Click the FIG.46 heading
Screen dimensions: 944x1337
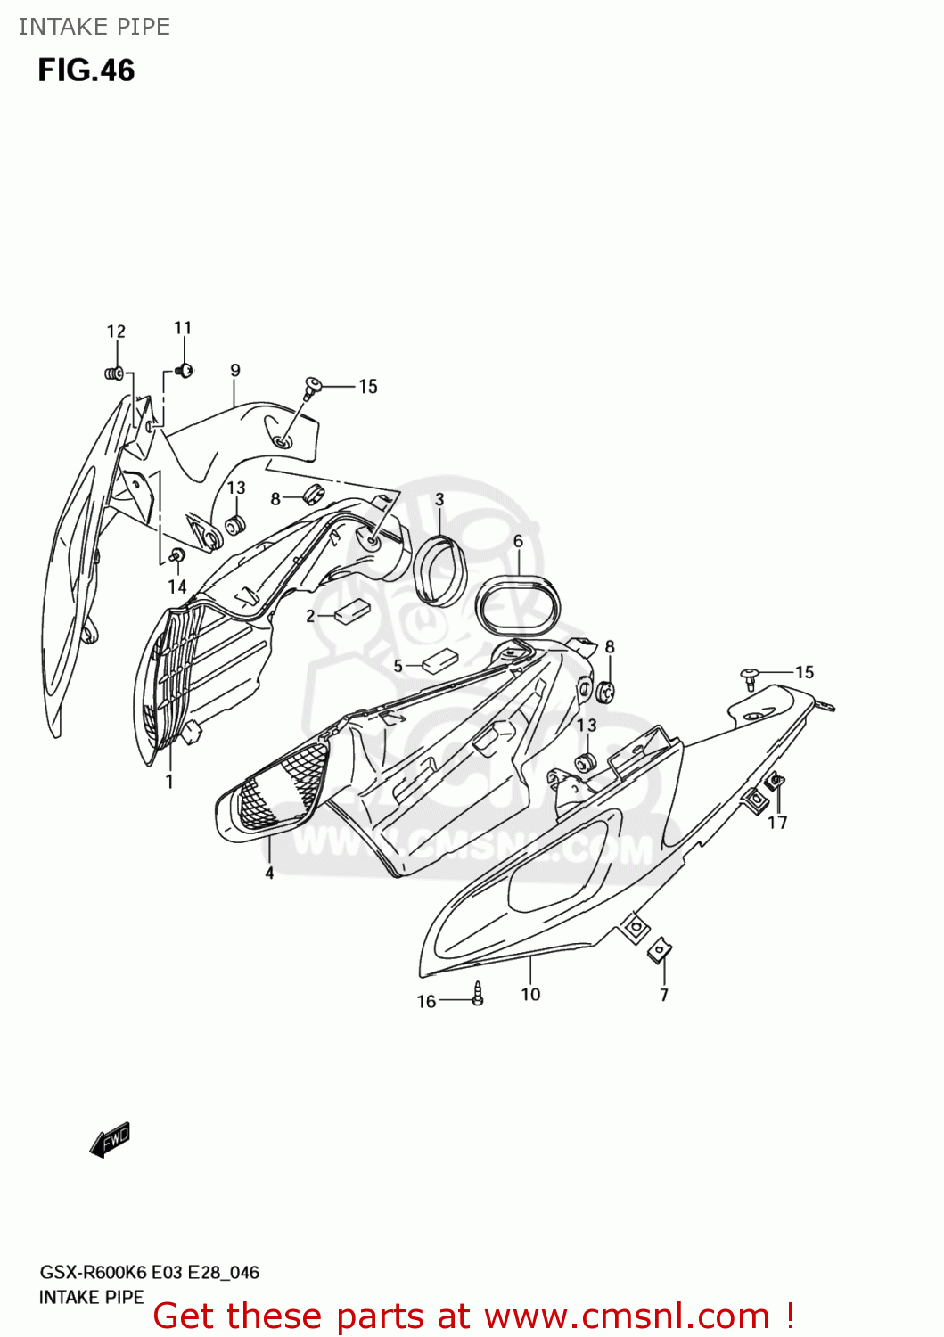pyautogui.click(x=86, y=70)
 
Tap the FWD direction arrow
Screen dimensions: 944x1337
pyautogui.click(x=111, y=1139)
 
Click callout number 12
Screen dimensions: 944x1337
pyautogui.click(x=116, y=332)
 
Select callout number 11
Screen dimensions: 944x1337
pyautogui.click(x=183, y=328)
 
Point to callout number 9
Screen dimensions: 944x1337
pyautogui.click(x=235, y=370)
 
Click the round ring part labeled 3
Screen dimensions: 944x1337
pyautogui.click(x=440, y=569)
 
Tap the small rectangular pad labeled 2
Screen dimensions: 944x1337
pyautogui.click(x=350, y=611)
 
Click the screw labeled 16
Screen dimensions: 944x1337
pyautogui.click(x=478, y=993)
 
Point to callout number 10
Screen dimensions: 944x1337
pyautogui.click(x=530, y=994)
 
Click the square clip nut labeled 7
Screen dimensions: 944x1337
pyautogui.click(x=661, y=951)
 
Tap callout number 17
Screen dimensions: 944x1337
pyautogui.click(x=777, y=822)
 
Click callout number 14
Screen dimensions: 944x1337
pyautogui.click(x=177, y=586)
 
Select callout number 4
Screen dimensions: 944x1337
pyautogui.click(x=269, y=873)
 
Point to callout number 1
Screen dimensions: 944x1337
pyautogui.click(x=169, y=782)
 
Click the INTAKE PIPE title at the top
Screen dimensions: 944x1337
pyautogui.click(x=94, y=27)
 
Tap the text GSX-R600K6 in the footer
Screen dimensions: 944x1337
pyautogui.click(x=93, y=1272)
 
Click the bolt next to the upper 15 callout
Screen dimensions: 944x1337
pyautogui.click(x=312, y=386)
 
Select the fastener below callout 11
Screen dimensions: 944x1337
pyautogui.click(x=185, y=370)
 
